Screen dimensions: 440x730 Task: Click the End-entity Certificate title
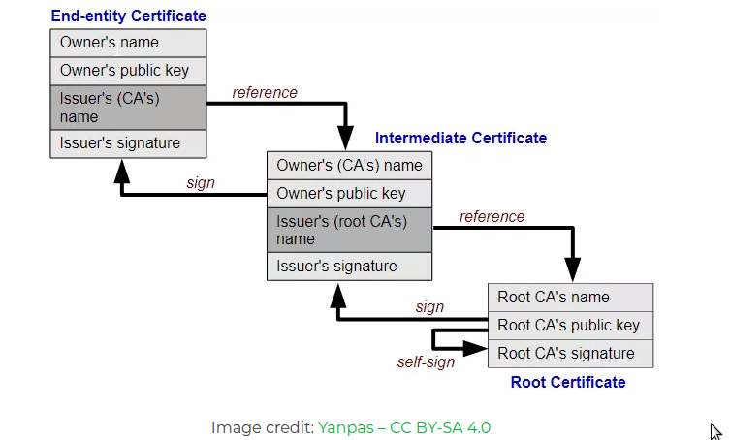(x=128, y=16)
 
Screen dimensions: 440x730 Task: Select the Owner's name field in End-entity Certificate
(x=128, y=43)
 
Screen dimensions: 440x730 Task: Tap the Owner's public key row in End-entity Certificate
(x=128, y=71)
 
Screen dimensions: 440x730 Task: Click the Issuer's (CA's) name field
(x=128, y=108)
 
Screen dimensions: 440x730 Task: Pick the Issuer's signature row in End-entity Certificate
(x=128, y=143)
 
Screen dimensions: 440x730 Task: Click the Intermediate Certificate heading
(x=460, y=139)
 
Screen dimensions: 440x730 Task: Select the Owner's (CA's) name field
(x=349, y=165)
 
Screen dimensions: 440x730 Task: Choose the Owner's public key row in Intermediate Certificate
(x=349, y=193)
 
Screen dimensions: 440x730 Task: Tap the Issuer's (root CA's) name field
(x=349, y=230)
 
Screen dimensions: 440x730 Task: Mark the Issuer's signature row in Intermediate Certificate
(x=349, y=267)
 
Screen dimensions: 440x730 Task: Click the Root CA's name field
(x=570, y=297)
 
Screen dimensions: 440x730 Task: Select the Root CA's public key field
(x=570, y=326)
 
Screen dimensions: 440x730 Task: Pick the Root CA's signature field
(x=570, y=354)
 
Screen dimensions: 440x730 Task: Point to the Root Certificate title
(x=568, y=383)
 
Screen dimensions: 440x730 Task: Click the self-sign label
(x=426, y=362)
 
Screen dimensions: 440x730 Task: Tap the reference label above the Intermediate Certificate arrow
(x=265, y=93)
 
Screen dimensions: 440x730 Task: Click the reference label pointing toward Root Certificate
(x=492, y=217)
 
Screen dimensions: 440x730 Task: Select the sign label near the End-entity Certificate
(x=201, y=183)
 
